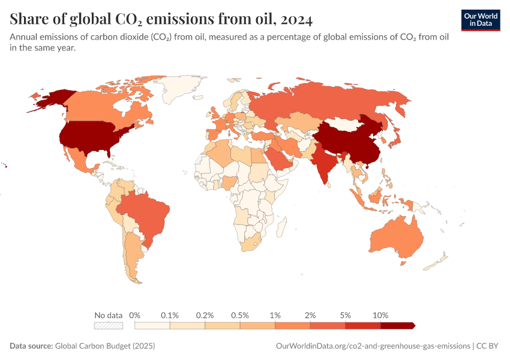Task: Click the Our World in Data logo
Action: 481,20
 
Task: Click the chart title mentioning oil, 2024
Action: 161,19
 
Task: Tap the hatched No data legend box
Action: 109,325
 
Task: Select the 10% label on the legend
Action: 380,315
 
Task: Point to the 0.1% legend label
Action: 170,315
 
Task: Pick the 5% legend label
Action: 346,315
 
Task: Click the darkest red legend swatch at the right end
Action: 397,325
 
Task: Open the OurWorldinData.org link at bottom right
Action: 373,346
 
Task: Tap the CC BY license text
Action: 488,346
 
